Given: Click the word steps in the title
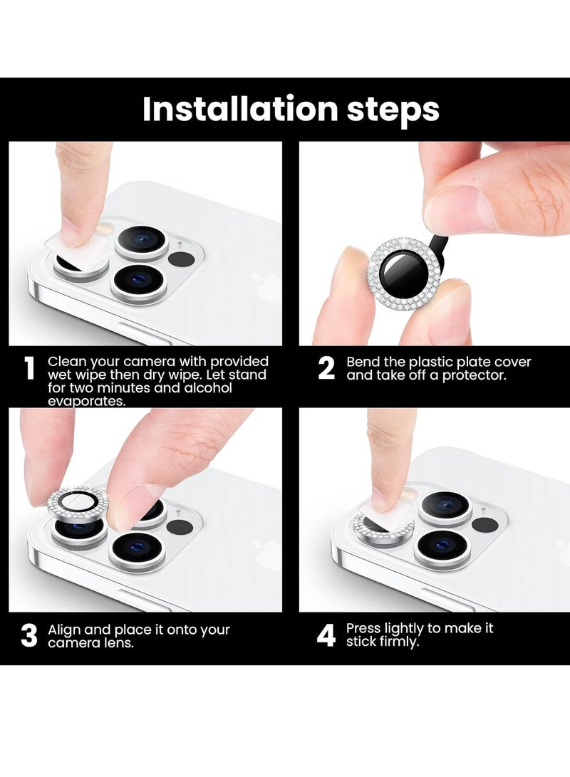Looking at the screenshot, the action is pos(393,110).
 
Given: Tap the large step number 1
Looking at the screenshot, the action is pos(30,368).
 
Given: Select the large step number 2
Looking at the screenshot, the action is pos(326,368).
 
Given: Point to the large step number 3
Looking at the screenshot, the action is pos(29,636).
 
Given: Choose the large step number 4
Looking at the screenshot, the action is pos(326,636).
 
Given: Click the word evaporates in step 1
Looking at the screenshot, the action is pos(86,401).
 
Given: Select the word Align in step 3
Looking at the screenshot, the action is pos(64,630).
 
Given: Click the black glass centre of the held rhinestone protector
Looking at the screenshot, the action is pos(403,274).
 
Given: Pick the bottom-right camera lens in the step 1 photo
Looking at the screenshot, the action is pos(138,281).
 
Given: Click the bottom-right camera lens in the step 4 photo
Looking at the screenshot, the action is pos(442,547).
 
